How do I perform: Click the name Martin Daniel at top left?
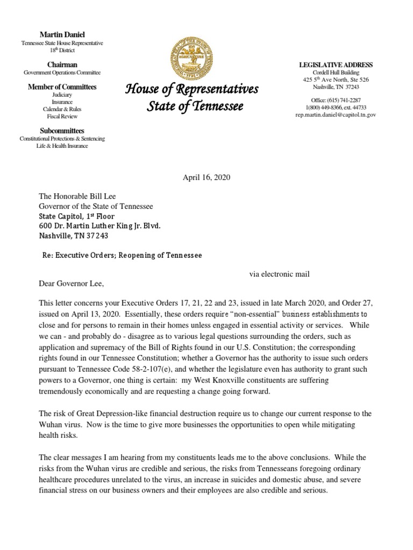click(62, 34)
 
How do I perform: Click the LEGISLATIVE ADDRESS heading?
click(336, 65)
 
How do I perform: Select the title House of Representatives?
click(191, 89)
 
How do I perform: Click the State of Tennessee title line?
click(195, 106)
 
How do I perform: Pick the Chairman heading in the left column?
click(62, 64)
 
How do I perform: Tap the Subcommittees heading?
click(62, 131)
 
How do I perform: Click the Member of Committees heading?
click(62, 86)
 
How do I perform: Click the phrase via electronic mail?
click(279, 274)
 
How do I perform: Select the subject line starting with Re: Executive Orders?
click(122, 256)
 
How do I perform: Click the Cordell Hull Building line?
click(336, 73)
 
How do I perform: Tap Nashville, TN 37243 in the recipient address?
click(73, 235)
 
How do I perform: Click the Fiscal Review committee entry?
click(62, 116)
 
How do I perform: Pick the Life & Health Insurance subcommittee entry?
click(62, 146)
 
